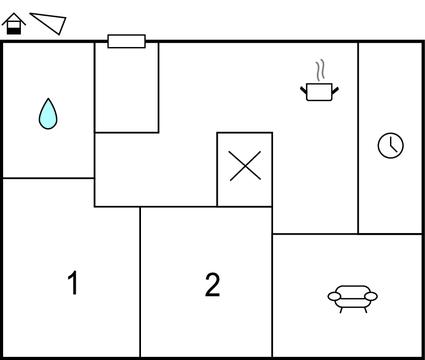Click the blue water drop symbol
48,113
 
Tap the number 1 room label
72,284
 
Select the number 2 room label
212,285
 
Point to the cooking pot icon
319,91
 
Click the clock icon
390,145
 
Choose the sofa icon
353,296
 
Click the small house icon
13,24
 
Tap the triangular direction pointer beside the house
49,23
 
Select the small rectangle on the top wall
126,41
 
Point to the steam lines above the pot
320,71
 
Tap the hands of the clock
392,147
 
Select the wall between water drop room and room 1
48,178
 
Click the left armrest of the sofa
334,296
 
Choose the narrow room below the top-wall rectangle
126,90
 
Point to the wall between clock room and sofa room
390,234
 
